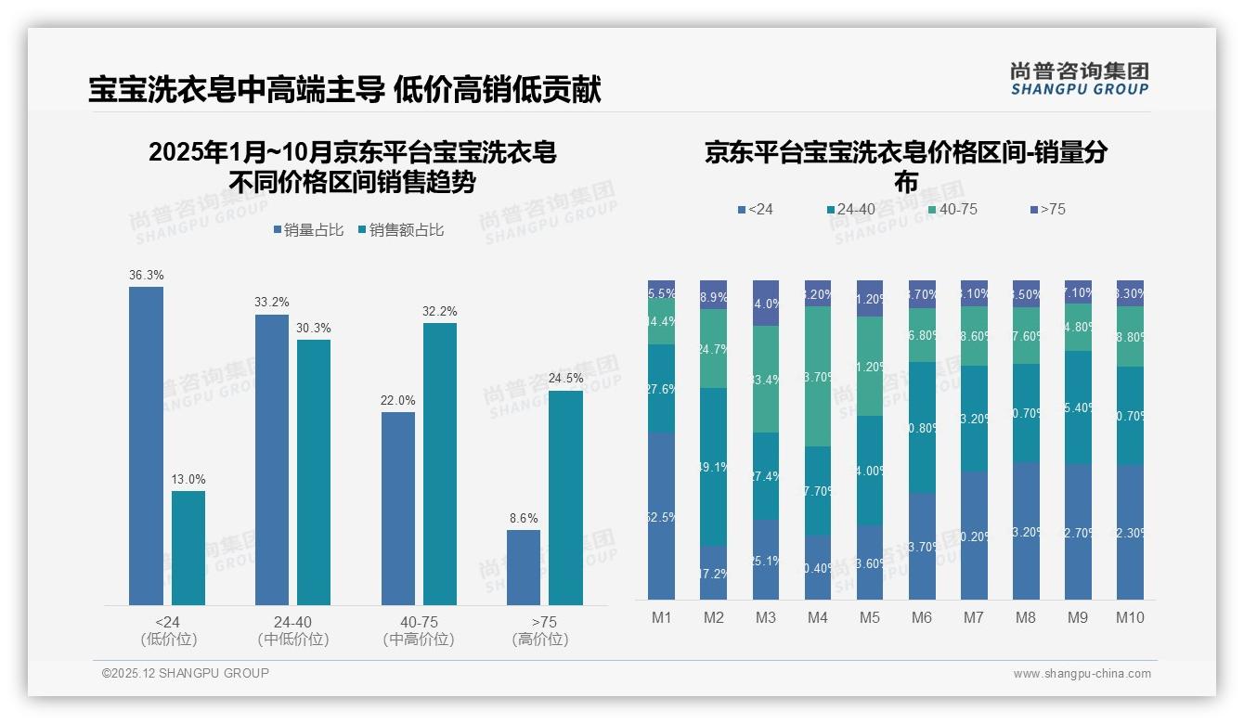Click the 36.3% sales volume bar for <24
coord(146,446)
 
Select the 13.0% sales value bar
coord(188,548)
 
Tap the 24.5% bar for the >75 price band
coord(565,498)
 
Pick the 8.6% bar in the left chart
coord(524,567)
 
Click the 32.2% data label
coord(440,311)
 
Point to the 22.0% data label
coord(397,400)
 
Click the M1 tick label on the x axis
coord(661,617)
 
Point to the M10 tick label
coord(1129,617)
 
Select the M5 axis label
coord(869,617)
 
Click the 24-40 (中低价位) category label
coord(292,630)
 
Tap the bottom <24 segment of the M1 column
coord(661,516)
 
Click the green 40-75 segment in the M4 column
coord(817,376)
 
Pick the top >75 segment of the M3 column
coord(765,303)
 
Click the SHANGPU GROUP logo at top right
coord(1079,79)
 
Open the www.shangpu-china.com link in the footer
coord(1082,674)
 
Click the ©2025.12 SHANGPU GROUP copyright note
coord(186,673)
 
